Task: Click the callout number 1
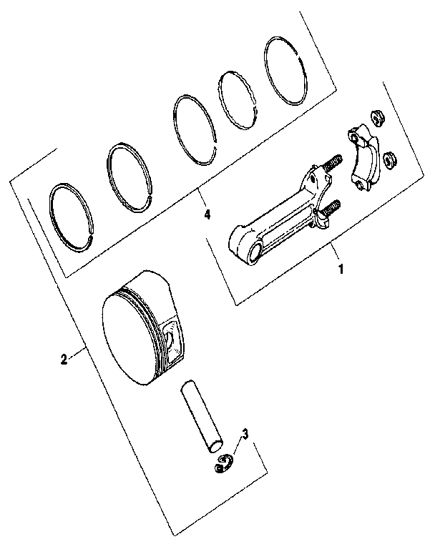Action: (x=341, y=269)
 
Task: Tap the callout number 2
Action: (x=64, y=360)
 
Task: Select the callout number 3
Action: (x=245, y=434)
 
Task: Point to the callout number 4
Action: (x=207, y=214)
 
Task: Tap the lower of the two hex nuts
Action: (x=390, y=160)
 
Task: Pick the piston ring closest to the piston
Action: (x=76, y=215)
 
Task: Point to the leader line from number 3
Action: (x=238, y=447)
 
